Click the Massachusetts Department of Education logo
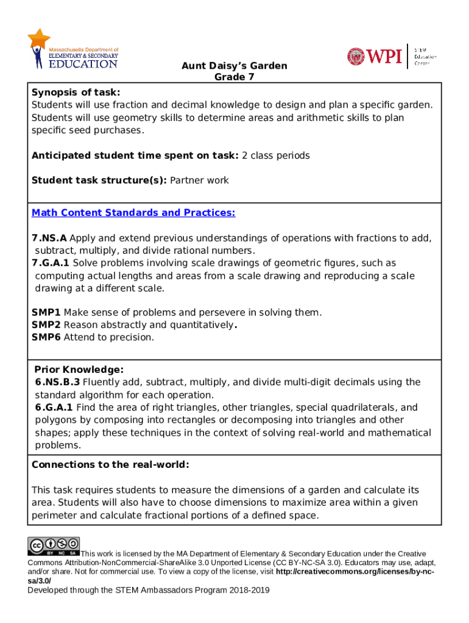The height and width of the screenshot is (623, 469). (72, 50)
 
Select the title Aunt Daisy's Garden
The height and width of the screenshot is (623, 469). (234, 66)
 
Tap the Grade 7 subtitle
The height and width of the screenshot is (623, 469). (234, 77)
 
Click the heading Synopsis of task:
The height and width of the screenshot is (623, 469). (76, 92)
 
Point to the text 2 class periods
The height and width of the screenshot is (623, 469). (275, 156)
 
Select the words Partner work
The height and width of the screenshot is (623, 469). (199, 181)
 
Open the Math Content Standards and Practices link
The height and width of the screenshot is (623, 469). (133, 213)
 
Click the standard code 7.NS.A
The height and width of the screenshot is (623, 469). (49, 238)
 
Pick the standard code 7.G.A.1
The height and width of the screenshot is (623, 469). (51, 263)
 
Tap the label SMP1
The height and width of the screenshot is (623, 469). (46, 313)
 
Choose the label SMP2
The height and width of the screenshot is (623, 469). (46, 325)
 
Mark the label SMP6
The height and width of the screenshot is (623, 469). (46, 337)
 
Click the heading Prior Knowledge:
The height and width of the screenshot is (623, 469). (79, 370)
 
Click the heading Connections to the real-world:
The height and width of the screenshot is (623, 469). (110, 465)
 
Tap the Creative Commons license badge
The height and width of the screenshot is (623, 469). (54, 546)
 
